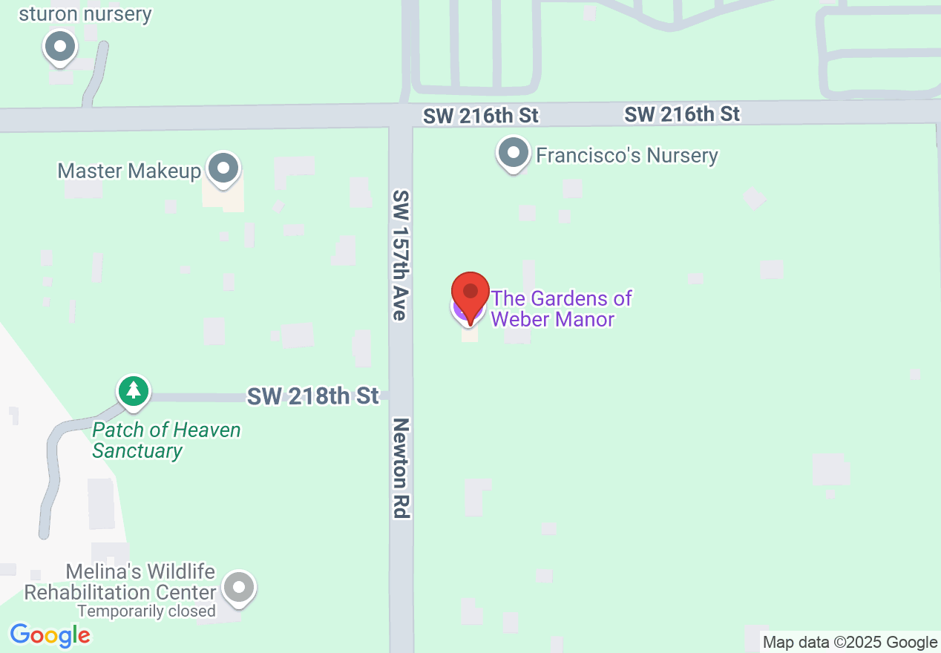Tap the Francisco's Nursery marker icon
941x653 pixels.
[512, 154]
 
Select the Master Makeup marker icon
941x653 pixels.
[223, 168]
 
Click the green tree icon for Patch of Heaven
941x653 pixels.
[134, 390]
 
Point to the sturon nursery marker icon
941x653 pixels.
[61, 47]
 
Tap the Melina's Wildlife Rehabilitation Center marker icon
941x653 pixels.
[238, 588]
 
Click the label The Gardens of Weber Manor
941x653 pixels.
[561, 309]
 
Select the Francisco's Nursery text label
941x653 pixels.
[627, 156]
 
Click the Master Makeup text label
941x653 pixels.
[129, 171]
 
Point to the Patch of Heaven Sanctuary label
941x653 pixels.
[166, 440]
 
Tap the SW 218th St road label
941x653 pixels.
[313, 396]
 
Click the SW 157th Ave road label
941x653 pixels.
[401, 255]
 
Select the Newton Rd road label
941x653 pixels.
[401, 467]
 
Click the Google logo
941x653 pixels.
[50, 635]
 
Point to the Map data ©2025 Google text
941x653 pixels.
[850, 643]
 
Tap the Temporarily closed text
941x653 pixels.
[147, 611]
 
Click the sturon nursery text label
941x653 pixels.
[85, 14]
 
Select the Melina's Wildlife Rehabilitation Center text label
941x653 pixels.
[120, 583]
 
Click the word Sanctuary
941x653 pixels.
[137, 451]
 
